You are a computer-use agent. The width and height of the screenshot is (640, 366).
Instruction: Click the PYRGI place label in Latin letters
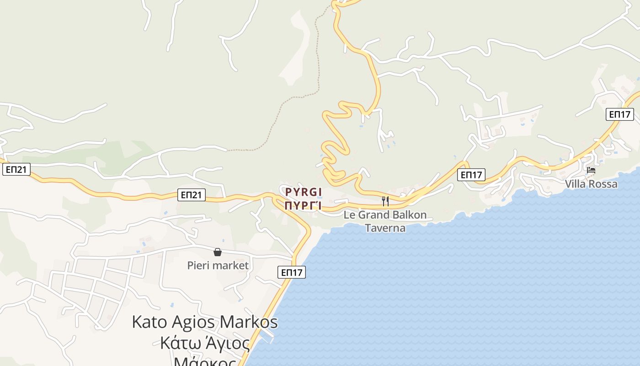tap(304, 192)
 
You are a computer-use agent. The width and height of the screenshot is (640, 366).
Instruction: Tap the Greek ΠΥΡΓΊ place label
tap(304, 205)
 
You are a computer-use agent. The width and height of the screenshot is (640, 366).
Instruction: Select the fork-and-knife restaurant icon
tap(385, 201)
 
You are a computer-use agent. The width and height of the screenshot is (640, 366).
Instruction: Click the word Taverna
tap(385, 228)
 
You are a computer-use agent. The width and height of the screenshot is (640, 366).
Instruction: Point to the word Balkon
tap(408, 215)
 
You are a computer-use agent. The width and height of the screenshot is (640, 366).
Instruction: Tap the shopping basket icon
tap(218, 252)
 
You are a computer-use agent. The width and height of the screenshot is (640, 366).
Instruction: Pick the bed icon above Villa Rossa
tap(591, 171)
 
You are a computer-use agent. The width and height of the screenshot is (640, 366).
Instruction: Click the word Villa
tap(577, 184)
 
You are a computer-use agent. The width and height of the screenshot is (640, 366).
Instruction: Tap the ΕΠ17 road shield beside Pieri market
tap(291, 273)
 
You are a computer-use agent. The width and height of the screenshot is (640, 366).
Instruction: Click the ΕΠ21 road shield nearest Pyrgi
tap(192, 195)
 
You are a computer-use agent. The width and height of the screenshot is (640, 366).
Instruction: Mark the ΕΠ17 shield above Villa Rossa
tap(620, 114)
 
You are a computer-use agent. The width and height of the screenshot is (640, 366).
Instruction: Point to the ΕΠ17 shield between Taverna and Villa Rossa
tap(471, 175)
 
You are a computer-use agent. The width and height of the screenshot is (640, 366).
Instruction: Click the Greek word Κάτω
tap(179, 343)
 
